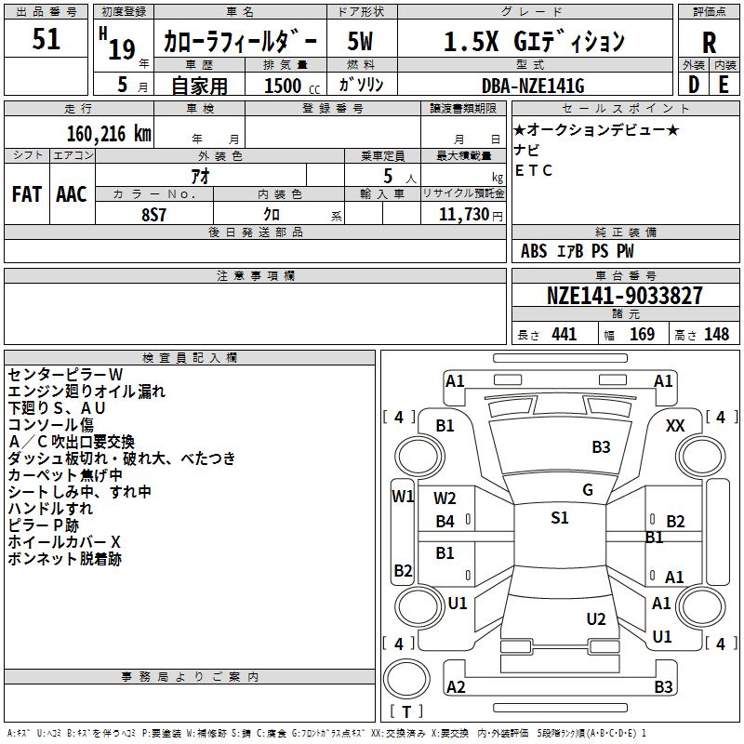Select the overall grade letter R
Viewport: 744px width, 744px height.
(709, 43)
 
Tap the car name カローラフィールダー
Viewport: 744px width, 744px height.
(240, 42)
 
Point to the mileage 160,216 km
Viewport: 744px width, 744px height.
(109, 133)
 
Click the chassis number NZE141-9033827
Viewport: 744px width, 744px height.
(625, 297)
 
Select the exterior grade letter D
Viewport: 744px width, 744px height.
(693, 85)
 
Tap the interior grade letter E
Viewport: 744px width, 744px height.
(723, 85)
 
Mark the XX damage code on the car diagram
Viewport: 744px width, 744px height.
(676, 425)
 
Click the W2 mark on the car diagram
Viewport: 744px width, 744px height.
(445, 498)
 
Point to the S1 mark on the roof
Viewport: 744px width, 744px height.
(559, 518)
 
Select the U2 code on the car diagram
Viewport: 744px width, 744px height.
(596, 619)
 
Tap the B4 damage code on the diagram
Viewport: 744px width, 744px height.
(445, 522)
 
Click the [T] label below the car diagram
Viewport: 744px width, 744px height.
(405, 712)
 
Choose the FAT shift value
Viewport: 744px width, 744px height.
(27, 194)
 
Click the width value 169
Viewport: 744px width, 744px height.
(643, 335)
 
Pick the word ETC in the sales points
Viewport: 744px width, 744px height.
(534, 170)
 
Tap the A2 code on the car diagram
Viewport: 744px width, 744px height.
(456, 687)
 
